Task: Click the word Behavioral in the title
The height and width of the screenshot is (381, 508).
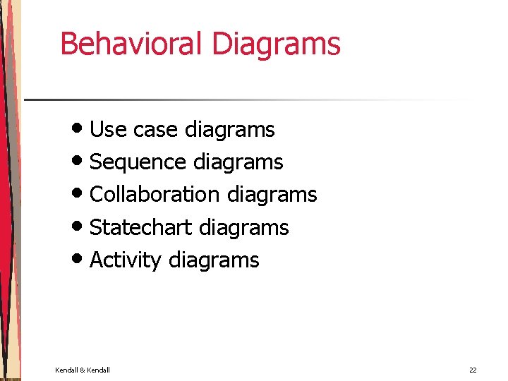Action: coord(132,43)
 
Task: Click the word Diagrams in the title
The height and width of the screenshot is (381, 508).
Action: coord(276,44)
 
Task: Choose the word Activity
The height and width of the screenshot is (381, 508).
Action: coord(126,260)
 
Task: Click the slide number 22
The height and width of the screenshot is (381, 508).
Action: coord(473,370)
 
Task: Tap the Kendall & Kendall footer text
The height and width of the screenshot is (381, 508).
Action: coord(83,370)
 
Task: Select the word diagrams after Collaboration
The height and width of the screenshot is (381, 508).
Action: coord(272,195)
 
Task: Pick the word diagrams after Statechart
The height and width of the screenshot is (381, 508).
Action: coord(244,228)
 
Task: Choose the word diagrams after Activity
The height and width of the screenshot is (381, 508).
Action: coord(214,261)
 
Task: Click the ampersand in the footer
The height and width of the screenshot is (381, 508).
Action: coord(83,370)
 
